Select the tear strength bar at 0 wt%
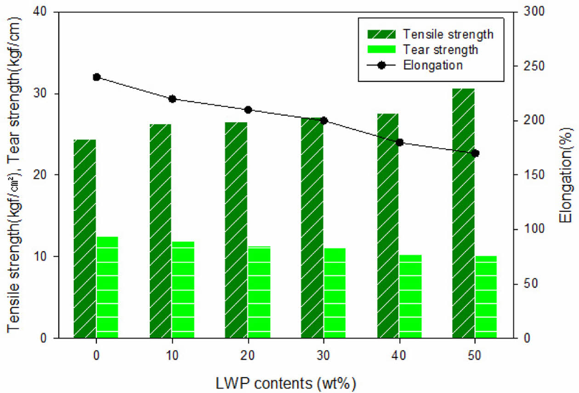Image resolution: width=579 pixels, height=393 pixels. point(108,287)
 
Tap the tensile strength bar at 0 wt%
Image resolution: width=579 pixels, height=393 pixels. point(85,239)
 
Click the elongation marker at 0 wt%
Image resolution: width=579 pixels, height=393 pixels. point(96,77)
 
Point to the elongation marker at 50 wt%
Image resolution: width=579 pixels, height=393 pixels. point(475,153)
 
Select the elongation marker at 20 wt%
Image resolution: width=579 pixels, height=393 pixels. point(248,110)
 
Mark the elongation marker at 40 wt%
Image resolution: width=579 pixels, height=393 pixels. point(399,142)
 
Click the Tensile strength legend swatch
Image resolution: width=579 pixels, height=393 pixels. point(381,34)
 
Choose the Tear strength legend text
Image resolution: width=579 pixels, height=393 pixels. point(440,49)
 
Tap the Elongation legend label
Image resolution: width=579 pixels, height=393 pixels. point(432,65)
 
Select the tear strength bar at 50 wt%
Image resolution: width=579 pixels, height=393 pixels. point(486,297)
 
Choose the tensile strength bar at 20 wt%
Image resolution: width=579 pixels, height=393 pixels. point(236,230)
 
